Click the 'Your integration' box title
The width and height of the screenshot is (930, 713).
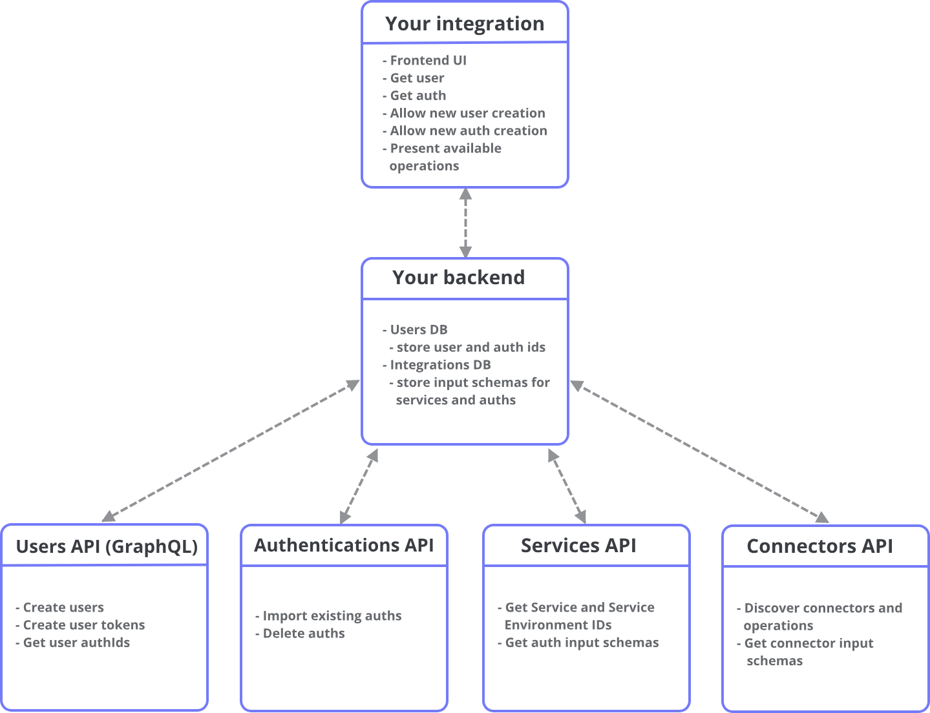(x=465, y=24)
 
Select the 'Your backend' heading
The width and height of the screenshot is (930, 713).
(x=458, y=278)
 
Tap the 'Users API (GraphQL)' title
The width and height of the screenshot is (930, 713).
(x=107, y=546)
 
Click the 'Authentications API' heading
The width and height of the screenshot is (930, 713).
(x=344, y=546)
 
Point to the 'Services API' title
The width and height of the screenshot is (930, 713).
(x=578, y=546)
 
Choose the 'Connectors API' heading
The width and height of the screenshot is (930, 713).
(x=819, y=546)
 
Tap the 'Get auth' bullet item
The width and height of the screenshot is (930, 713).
(x=417, y=96)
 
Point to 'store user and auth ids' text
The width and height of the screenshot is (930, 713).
(x=470, y=347)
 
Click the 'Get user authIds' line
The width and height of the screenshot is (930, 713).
(x=76, y=643)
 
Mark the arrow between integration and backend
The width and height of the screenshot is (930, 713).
(x=465, y=223)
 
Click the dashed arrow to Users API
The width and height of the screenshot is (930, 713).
(x=231, y=450)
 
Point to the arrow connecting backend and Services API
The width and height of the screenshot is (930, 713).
(x=567, y=486)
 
